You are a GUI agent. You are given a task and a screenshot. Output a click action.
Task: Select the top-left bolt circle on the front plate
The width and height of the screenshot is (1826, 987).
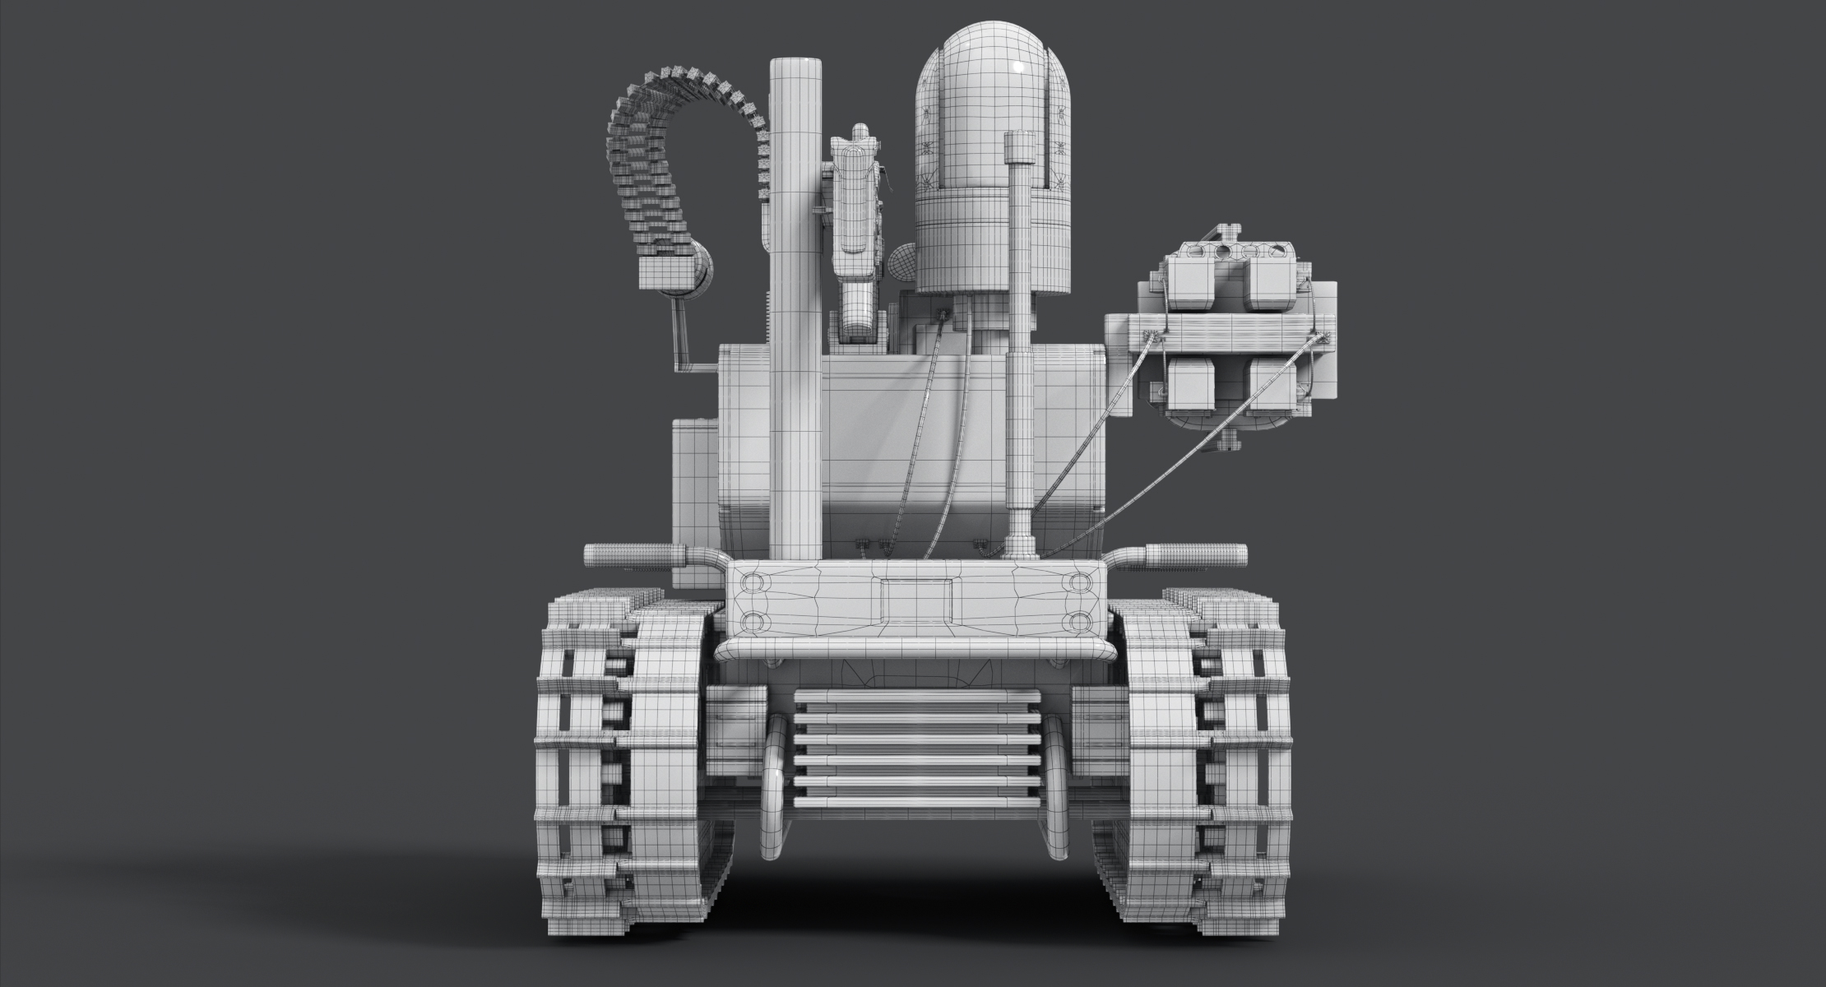tap(753, 583)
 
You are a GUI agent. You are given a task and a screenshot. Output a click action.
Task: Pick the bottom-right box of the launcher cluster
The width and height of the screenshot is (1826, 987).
tap(1271, 382)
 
